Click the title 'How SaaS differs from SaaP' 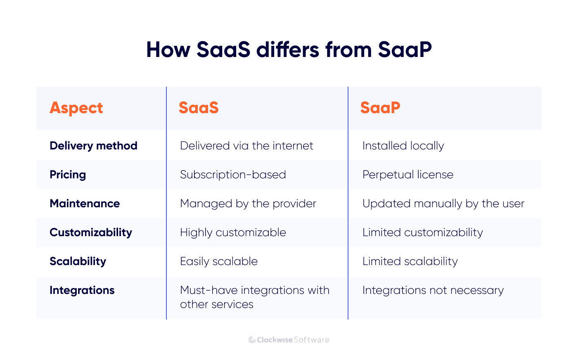(289, 50)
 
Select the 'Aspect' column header (76, 108)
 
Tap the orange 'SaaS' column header (199, 108)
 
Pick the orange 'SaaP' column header (380, 108)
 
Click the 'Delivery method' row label (93, 146)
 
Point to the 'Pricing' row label (68, 175)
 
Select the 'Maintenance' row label (85, 204)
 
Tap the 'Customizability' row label (91, 232)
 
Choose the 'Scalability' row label (78, 261)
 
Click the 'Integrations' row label (82, 290)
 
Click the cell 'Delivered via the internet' (246, 146)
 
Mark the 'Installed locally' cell (403, 146)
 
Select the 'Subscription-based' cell (233, 175)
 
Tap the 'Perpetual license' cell (408, 175)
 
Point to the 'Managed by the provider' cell (248, 204)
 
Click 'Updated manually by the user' (443, 204)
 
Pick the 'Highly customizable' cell (233, 232)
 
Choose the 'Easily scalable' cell (219, 261)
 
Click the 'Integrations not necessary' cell (433, 290)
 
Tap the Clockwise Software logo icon (252, 340)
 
